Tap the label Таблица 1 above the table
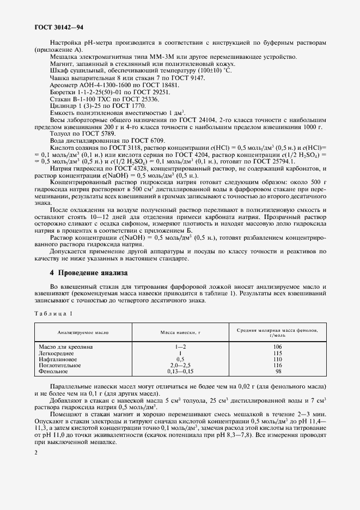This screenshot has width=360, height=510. pyautogui.click(x=53, y=313)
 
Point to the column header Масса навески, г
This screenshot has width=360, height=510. pyautogui.click(x=180, y=332)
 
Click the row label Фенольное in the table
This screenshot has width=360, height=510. pyautogui.click(x=53, y=372)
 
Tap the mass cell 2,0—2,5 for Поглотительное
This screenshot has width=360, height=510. pyautogui.click(x=180, y=366)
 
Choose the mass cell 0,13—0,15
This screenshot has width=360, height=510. pyautogui.click(x=180, y=372)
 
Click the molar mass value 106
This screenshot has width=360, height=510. pyautogui.click(x=277, y=347)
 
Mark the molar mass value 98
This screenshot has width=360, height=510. pyautogui.click(x=277, y=372)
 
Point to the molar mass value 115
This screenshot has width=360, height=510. pyautogui.click(x=277, y=353)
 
